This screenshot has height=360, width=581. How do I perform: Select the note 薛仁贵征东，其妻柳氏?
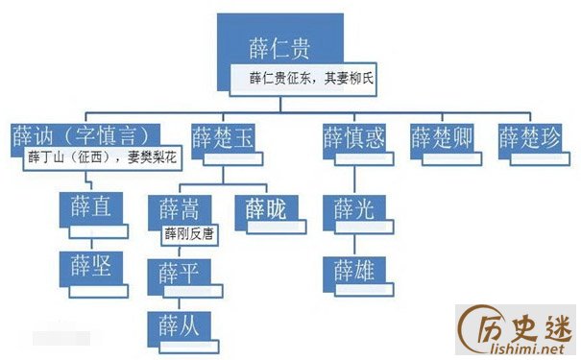303,80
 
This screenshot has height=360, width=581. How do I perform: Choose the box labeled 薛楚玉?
223,136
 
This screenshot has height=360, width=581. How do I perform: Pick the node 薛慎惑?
352,136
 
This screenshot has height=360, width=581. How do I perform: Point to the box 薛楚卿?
443,136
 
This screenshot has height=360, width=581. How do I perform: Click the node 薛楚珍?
531,136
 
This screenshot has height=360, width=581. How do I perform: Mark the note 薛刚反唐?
189,233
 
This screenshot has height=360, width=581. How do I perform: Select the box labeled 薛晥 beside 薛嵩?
267,207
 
